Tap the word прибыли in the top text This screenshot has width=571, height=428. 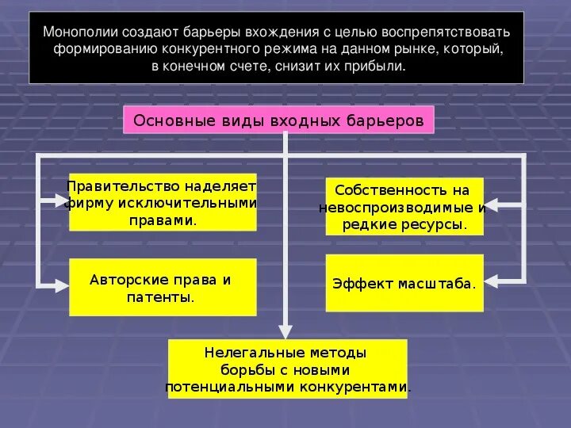379,67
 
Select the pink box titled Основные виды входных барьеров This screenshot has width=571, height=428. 278,120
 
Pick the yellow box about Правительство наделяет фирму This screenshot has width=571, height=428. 163,202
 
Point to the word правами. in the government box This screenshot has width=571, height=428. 163,220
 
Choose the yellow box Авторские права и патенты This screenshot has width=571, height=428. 163,287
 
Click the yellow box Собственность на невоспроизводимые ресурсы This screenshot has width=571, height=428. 404,206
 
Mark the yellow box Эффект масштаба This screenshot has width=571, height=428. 404,282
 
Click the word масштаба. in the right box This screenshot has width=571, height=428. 441,283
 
